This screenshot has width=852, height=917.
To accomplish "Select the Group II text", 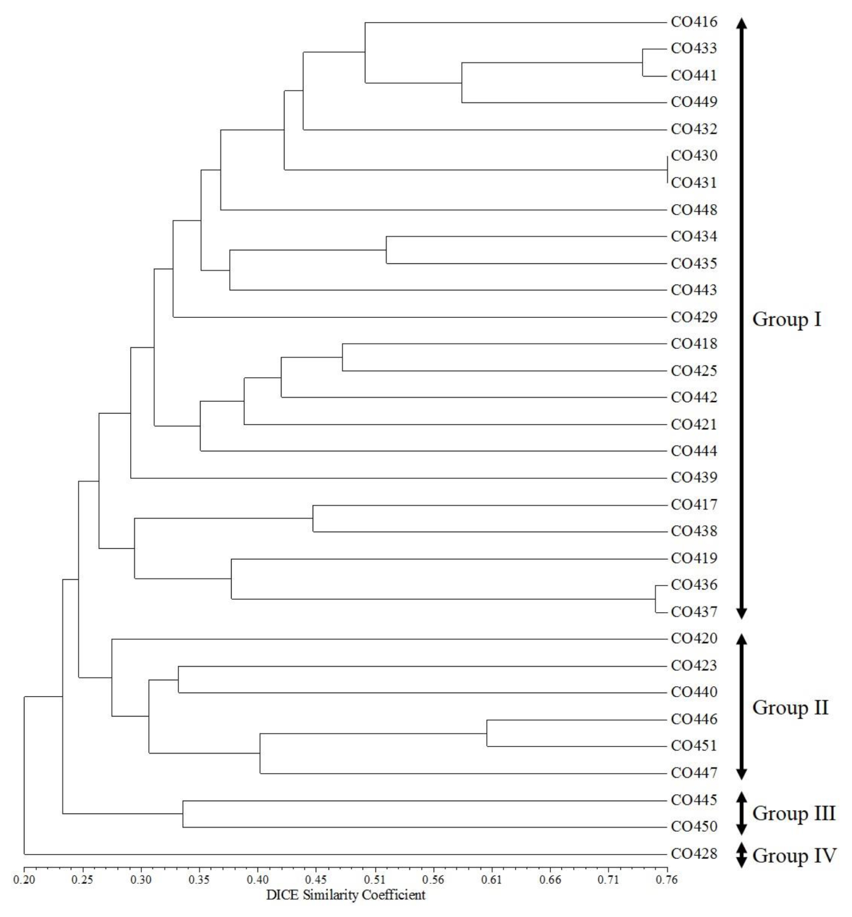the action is click(790, 707).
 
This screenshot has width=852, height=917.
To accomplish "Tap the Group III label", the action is click(794, 813).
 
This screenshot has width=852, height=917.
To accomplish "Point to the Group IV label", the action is click(794, 856).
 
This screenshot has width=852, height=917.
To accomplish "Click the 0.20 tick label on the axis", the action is click(24, 880).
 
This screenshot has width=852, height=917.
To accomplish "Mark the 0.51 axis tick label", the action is click(375, 880).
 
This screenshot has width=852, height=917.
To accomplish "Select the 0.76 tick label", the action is click(667, 880).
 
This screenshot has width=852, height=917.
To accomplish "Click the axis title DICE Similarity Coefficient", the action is click(346, 895).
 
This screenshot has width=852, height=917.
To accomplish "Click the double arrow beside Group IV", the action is click(741, 855).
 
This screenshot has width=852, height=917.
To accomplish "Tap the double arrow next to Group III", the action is click(741, 813).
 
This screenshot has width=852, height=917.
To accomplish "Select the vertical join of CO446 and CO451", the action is click(487, 733).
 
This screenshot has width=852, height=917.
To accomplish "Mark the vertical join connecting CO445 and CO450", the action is click(183, 814).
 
